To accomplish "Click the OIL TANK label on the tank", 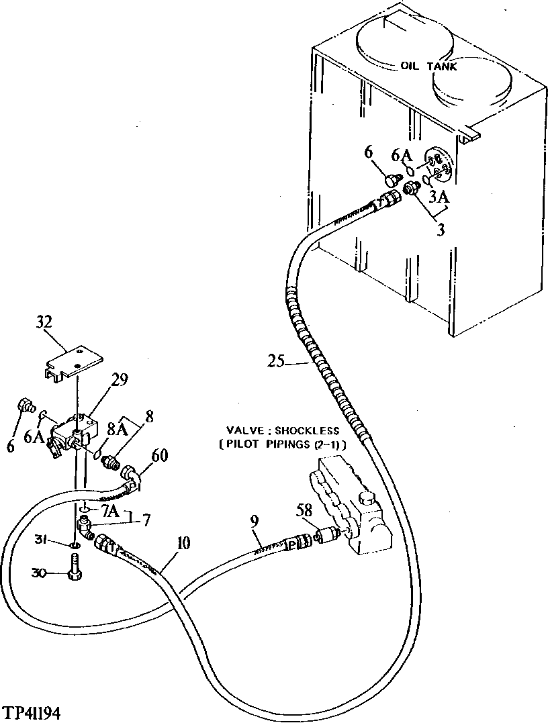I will (428, 66).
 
